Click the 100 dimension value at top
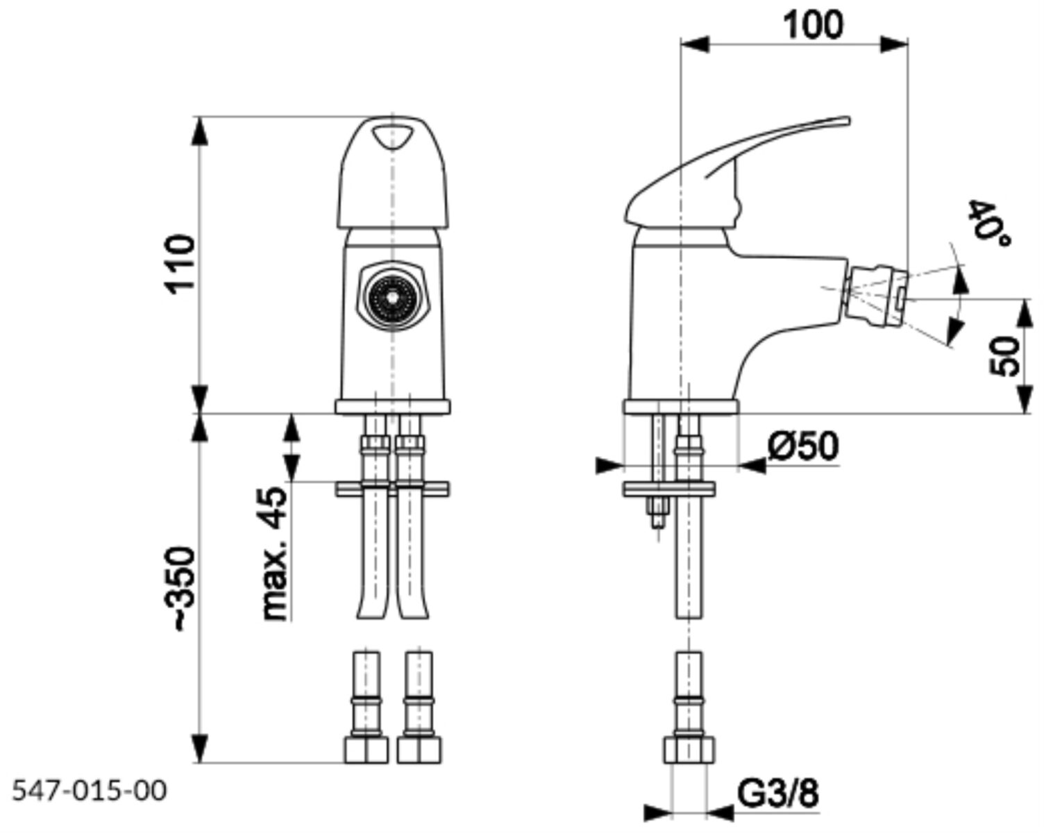(814, 25)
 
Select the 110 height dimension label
(180, 264)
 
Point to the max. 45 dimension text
(273, 553)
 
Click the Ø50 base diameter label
(802, 446)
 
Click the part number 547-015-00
(90, 792)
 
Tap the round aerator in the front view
(392, 297)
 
